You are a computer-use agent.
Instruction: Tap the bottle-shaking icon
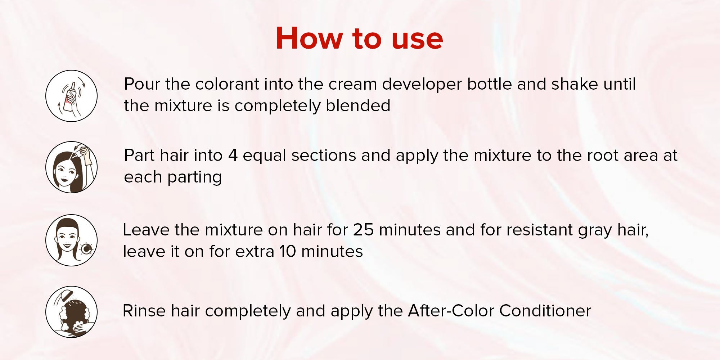(x=71, y=96)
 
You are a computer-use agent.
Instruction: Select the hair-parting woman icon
(x=71, y=167)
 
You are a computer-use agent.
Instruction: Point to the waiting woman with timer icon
(x=71, y=240)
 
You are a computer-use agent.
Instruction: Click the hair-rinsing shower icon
(x=71, y=312)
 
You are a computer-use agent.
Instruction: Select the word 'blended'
(x=358, y=106)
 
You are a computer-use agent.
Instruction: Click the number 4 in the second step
(x=233, y=156)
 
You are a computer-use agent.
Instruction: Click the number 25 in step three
(x=363, y=230)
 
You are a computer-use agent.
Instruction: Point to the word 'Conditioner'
(x=545, y=311)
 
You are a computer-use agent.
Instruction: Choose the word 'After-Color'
(x=451, y=311)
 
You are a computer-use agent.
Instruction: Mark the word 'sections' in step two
(x=324, y=156)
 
